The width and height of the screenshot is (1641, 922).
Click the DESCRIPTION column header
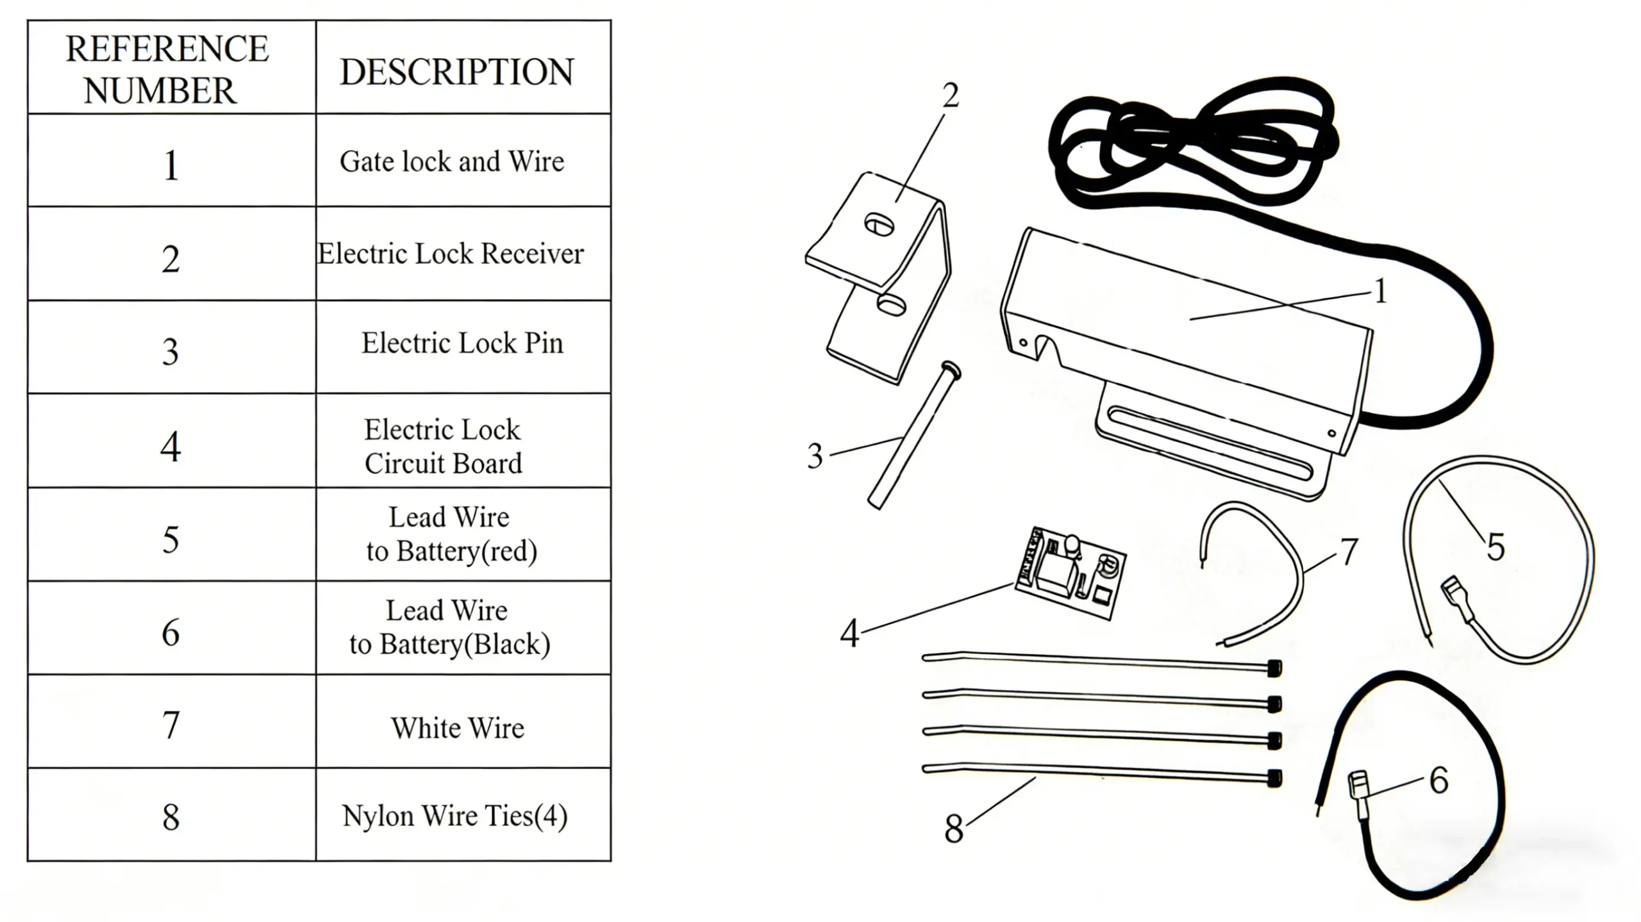point(456,71)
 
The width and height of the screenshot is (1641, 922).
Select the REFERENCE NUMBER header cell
point(168,69)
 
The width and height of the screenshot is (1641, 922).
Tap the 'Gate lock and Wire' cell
point(452,161)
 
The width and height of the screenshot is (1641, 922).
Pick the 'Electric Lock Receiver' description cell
point(451,254)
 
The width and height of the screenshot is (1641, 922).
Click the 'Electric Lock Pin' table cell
point(462,343)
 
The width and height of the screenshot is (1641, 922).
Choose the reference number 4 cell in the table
point(171,447)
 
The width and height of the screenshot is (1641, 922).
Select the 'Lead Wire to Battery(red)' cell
point(451,534)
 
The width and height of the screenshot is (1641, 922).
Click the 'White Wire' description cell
point(458,728)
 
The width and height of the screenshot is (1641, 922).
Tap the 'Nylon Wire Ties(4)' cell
point(454,816)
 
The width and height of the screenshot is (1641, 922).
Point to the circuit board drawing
point(1070,572)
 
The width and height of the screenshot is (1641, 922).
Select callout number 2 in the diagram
point(951,96)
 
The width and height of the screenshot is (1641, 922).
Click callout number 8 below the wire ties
point(953,828)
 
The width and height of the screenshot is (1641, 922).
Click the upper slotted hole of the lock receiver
point(879,224)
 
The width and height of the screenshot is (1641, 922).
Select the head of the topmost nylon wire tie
point(1274,668)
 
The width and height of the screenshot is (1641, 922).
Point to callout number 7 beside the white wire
point(1349,551)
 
